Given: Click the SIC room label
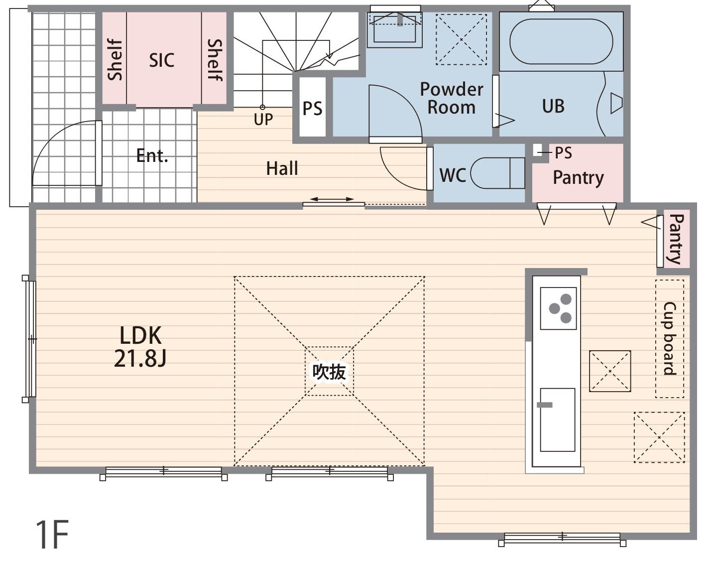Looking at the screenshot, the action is click(162, 60).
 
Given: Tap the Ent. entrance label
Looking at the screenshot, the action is click(152, 155).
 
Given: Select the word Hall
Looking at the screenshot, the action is click(282, 168).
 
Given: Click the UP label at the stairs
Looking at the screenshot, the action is click(263, 119).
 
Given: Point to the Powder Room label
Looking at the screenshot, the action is click(452, 98).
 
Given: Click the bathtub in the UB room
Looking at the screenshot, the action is click(561, 41).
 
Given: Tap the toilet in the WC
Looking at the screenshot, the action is click(498, 173).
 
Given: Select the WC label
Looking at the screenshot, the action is click(453, 175).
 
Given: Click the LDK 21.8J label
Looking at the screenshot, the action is click(140, 347).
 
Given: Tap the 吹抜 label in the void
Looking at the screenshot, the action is click(329, 372).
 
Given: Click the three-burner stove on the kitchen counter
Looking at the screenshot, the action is click(558, 308).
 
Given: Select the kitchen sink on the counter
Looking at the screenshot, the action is click(558, 420).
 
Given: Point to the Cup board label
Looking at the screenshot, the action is click(670, 339).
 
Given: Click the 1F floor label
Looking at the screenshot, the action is click(52, 535).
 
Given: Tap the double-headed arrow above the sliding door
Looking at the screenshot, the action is click(332, 199).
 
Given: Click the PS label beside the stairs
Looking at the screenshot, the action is click(312, 108).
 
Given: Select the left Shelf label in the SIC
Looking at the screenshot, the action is click(115, 60).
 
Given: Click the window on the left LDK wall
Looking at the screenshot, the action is click(30, 339).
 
